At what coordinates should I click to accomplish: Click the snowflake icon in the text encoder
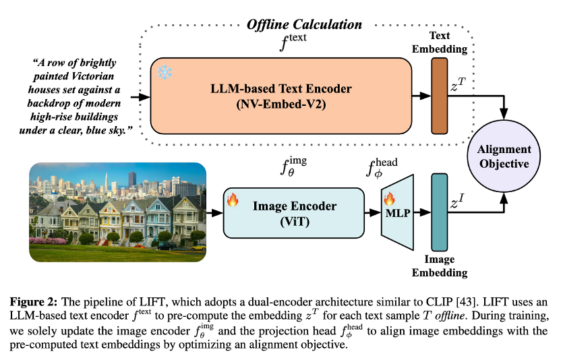(165, 72)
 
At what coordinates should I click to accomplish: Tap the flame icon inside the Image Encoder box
(233, 200)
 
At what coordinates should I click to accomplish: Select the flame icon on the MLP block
(389, 198)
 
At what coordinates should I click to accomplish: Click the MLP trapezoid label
(398, 213)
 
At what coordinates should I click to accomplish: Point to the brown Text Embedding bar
(440, 96)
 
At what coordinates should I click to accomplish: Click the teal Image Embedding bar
(440, 212)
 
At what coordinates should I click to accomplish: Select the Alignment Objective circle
(504, 156)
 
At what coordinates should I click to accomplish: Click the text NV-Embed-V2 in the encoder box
(281, 104)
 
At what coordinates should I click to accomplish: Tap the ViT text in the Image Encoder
(295, 222)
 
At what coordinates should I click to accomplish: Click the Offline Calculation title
(304, 24)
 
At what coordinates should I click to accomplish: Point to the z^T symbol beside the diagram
(458, 85)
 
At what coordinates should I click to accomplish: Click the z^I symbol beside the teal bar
(458, 202)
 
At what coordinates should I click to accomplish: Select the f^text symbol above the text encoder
(293, 42)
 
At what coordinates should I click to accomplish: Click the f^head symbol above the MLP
(382, 167)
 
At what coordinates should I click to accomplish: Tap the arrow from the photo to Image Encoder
(214, 213)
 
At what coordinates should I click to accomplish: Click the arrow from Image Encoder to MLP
(373, 212)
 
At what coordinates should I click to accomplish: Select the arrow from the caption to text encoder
(141, 96)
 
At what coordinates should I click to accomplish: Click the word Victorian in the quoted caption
(93, 76)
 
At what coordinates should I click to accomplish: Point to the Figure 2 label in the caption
(34, 302)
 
